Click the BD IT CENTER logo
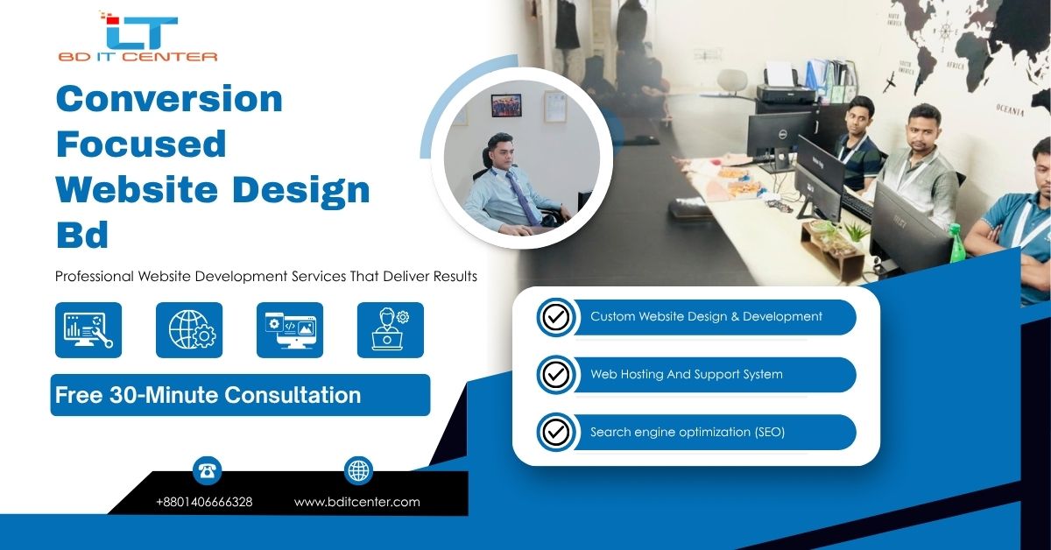138,37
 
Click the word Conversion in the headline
169,99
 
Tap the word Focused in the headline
141,145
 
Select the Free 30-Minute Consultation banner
240,395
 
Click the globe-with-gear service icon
189,330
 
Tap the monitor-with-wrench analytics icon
88,330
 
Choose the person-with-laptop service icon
391,330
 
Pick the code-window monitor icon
290,330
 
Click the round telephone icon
207,470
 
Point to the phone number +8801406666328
204,502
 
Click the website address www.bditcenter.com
357,502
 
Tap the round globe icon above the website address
358,470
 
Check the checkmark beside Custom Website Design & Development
556,317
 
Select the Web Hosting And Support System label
687,374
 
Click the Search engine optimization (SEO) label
688,432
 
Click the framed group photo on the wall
506,106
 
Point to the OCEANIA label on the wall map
1010,109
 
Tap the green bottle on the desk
956,243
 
